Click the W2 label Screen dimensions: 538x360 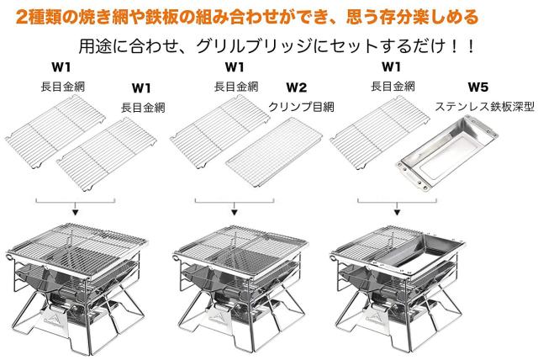(296, 87)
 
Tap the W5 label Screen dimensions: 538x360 (478, 87)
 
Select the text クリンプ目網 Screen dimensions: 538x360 (301, 107)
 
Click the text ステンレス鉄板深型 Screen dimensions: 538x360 (484, 107)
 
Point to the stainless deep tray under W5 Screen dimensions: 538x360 (447, 153)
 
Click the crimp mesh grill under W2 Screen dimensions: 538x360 (274, 151)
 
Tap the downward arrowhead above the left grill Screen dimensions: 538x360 (75, 213)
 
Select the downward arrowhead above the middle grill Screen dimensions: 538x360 (235, 213)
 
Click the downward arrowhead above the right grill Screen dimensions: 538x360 (397, 213)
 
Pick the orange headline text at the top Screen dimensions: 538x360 (247, 17)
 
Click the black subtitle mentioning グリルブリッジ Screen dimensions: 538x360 (277, 46)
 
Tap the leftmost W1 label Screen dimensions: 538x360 (61, 67)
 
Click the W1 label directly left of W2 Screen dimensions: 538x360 (235, 67)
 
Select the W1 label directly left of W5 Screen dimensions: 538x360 (392, 67)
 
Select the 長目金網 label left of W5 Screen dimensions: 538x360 (393, 87)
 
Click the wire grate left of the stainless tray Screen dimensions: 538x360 (379, 132)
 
